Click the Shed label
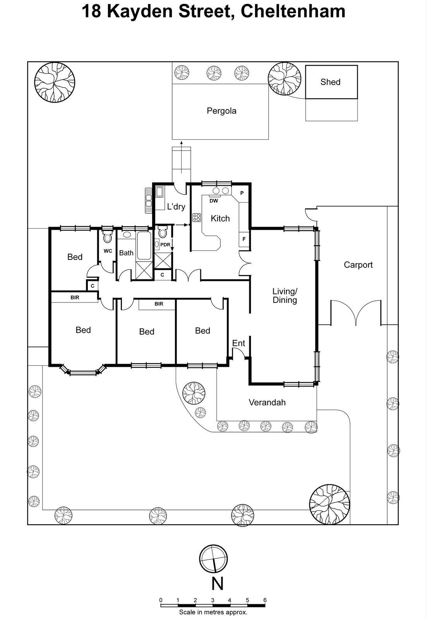coord(330,82)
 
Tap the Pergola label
coord(221,111)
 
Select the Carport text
coord(358,265)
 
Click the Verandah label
coord(267,402)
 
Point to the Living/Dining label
coord(285,296)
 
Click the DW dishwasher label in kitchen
coord(214,201)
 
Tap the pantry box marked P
coord(242,193)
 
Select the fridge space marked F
coord(244,239)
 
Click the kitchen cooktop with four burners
coord(197,218)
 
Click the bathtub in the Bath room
coord(144,246)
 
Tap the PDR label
coord(165,245)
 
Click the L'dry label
coord(176,207)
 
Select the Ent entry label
coord(238,343)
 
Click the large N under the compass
coord(218,583)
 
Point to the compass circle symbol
coord(213,559)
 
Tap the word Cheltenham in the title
coord(293,11)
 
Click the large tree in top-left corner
coord(54,82)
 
